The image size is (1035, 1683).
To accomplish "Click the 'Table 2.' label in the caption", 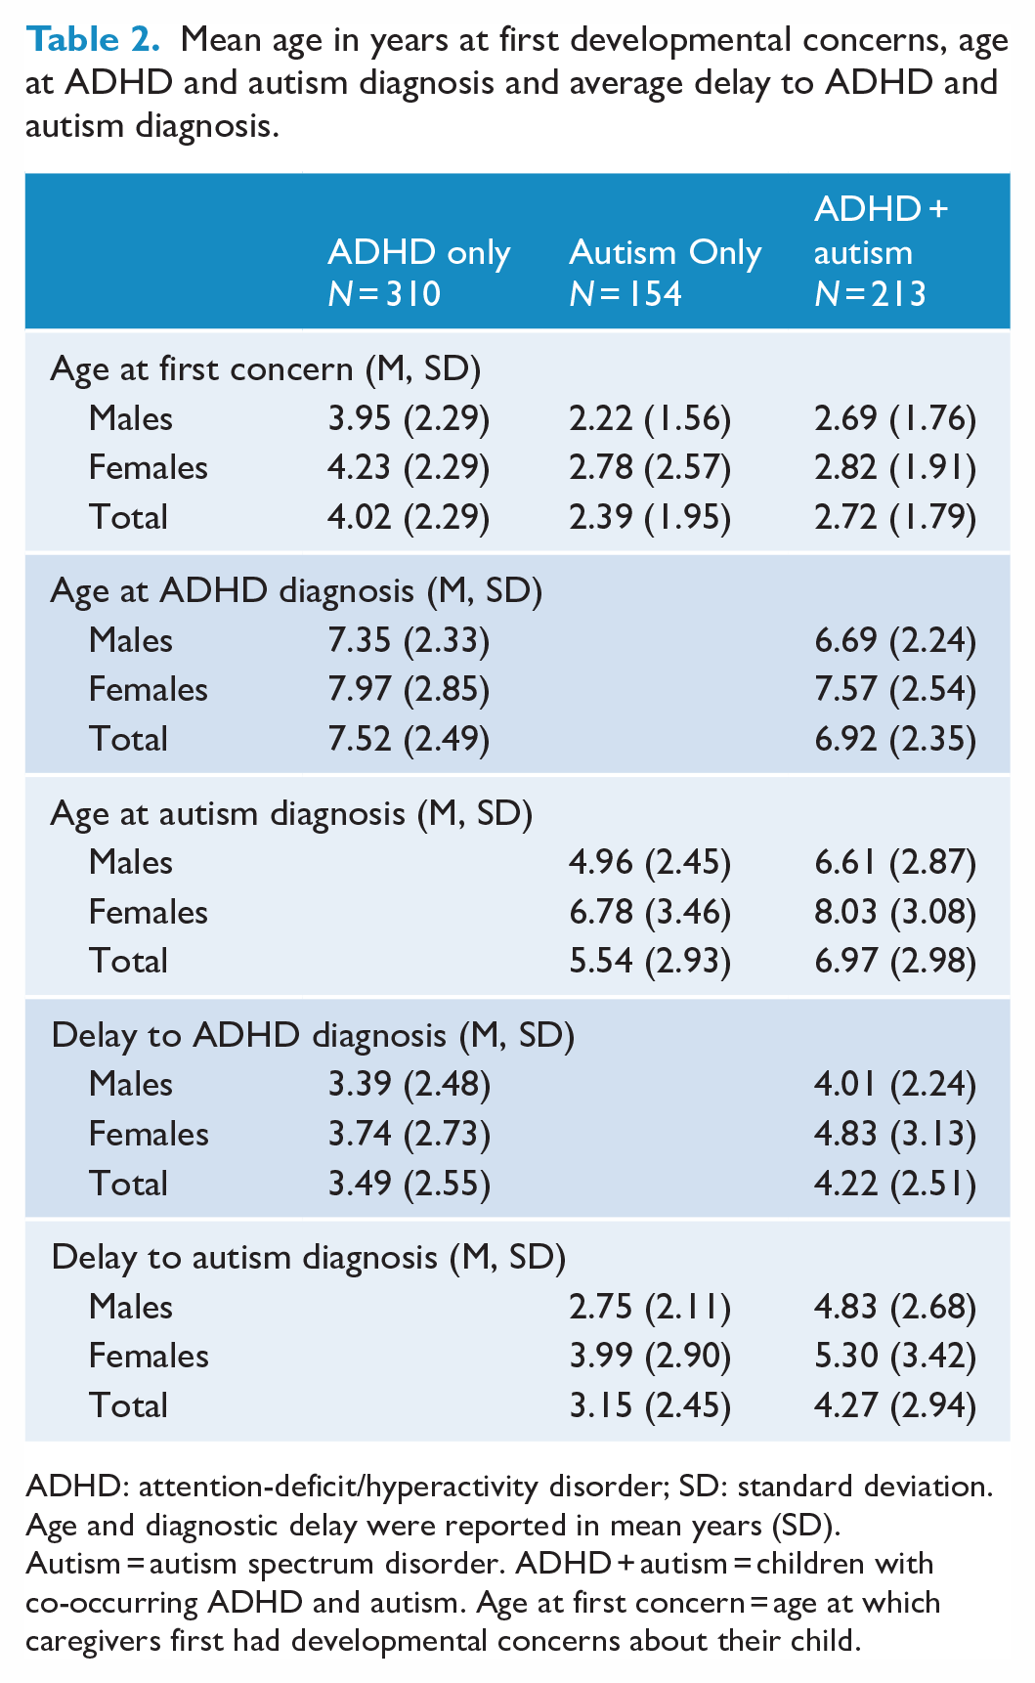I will tap(93, 40).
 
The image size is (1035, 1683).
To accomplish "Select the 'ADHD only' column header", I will tap(418, 252).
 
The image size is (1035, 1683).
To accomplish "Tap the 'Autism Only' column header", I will tap(665, 252).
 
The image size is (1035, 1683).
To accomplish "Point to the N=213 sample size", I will tap(870, 294).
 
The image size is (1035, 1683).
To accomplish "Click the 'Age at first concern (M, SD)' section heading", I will tap(265, 368).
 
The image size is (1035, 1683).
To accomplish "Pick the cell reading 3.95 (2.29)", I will tap(409, 418).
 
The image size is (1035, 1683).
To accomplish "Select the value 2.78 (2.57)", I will tap(650, 467).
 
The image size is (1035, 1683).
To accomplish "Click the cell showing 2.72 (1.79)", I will tap(895, 517).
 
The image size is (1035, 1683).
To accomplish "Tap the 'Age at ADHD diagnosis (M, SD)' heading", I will tap(296, 590).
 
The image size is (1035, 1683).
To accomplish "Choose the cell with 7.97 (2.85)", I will tap(409, 689).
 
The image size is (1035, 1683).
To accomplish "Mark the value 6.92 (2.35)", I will tap(895, 739).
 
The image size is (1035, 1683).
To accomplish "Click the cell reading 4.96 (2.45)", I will tap(650, 862).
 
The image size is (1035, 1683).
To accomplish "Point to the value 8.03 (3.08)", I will tap(895, 912).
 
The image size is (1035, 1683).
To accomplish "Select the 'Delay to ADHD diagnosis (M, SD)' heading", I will tap(313, 1035).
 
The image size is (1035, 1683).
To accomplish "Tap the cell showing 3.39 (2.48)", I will tap(409, 1084).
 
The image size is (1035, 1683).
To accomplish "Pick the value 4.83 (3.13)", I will tap(895, 1134).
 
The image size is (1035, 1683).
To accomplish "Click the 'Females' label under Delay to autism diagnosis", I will tap(149, 1356).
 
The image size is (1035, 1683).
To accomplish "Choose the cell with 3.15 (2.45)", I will tap(650, 1405).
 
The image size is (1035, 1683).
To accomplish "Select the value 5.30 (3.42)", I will tap(895, 1356).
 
